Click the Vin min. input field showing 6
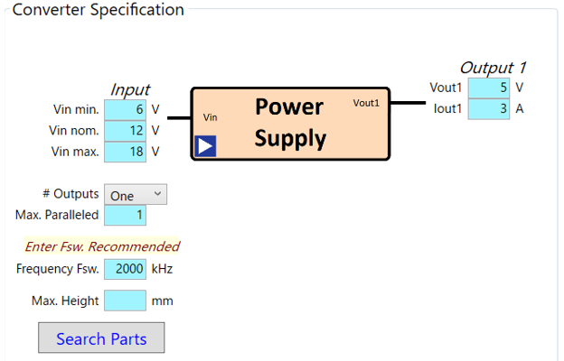pyautogui.click(x=125, y=110)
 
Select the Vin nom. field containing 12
pyautogui.click(x=125, y=131)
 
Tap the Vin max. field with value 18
pyautogui.click(x=125, y=152)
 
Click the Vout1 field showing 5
pyautogui.click(x=489, y=88)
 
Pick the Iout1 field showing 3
pyautogui.click(x=489, y=109)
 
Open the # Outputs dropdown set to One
pyautogui.click(x=136, y=195)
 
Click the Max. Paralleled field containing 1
pyautogui.click(x=125, y=216)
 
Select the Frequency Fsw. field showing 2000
pyautogui.click(x=125, y=269)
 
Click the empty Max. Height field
pyautogui.click(x=125, y=301)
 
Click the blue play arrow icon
pyautogui.click(x=206, y=146)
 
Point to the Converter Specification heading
pyautogui.click(x=98, y=10)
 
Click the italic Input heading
pyautogui.click(x=130, y=89)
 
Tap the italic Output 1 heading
pyautogui.click(x=493, y=68)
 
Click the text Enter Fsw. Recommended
pyautogui.click(x=102, y=246)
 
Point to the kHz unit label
pyautogui.click(x=162, y=269)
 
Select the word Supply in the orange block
pyautogui.click(x=289, y=139)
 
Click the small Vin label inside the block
pyautogui.click(x=210, y=116)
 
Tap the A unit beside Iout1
pyautogui.click(x=519, y=109)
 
